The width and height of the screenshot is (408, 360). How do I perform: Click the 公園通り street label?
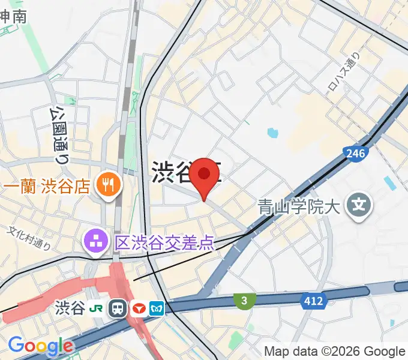pyautogui.click(x=58, y=135)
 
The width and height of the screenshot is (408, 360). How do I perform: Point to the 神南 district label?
pyautogui.click(x=13, y=16)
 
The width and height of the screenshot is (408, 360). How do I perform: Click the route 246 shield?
pyautogui.click(x=355, y=154)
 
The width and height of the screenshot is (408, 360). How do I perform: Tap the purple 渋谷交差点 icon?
pyautogui.click(x=95, y=242)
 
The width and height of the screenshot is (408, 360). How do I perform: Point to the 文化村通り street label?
pyautogui.click(x=29, y=238)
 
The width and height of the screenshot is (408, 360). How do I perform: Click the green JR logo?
pyautogui.click(x=95, y=309)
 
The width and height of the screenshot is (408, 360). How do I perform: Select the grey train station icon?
pyautogui.click(x=118, y=309)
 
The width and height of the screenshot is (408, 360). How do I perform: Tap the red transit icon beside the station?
pyautogui.click(x=138, y=309)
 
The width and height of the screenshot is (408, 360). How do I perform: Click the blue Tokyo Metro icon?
pyautogui.click(x=157, y=309)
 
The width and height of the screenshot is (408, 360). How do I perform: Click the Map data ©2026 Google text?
pyautogui.click(x=335, y=351)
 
